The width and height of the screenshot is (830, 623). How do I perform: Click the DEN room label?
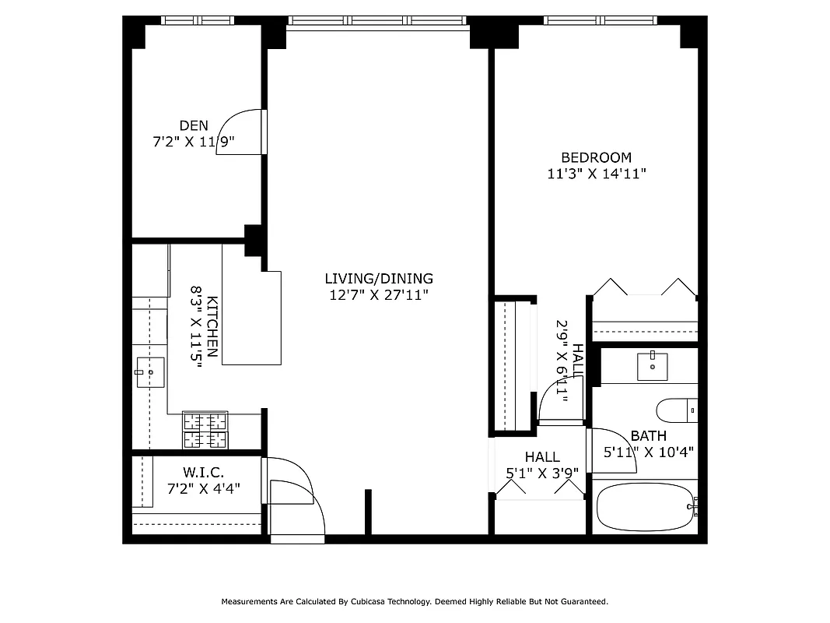coord(194,125)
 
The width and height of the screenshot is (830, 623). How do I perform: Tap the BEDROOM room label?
coord(596,157)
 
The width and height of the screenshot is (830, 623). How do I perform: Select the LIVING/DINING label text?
coord(378,278)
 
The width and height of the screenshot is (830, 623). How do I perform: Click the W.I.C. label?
coord(204,472)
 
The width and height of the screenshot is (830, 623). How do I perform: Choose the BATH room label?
coord(648,436)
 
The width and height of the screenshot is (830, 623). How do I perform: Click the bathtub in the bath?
coord(644,508)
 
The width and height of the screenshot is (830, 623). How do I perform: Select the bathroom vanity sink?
coord(652,365)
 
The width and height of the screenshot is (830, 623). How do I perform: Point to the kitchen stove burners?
coord(205,430)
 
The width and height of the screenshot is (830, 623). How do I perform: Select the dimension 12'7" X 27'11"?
coord(378,295)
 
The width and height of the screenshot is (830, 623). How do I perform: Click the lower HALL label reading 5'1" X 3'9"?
coord(541,472)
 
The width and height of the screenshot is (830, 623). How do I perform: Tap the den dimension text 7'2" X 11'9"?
coord(194,142)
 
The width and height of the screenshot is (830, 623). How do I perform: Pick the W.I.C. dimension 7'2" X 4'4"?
coord(204,489)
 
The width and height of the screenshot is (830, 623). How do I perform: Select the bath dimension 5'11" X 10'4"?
coord(648,452)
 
